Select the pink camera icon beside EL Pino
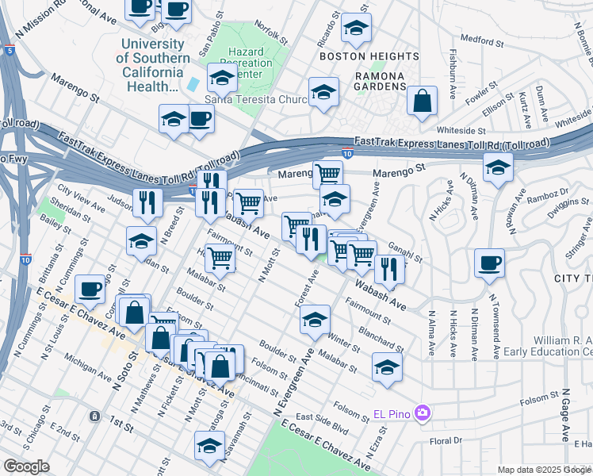pyautogui.click(x=423, y=413)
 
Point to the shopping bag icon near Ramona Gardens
pyautogui.click(x=423, y=101)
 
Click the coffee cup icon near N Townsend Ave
pyautogui.click(x=489, y=263)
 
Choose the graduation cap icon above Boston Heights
pyautogui.click(x=356, y=29)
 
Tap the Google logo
pyautogui.click(x=26, y=466)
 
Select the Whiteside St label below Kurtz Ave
pyautogui.click(x=461, y=129)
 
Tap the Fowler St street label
pyautogui.click(x=480, y=92)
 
